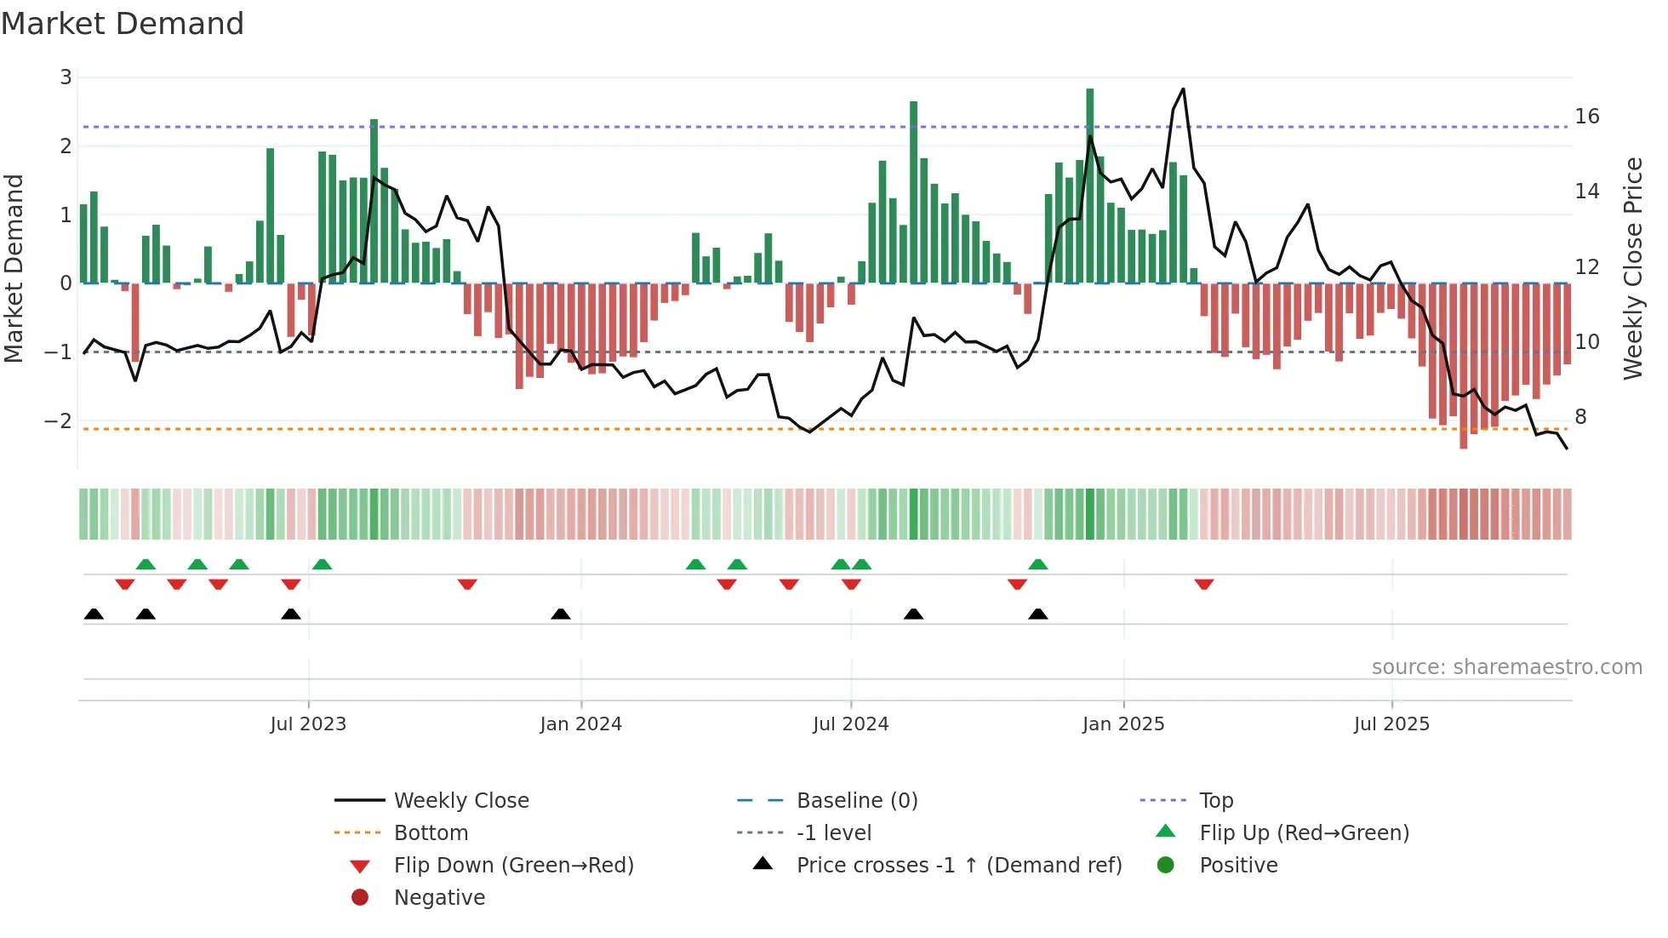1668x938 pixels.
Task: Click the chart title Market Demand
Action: (123, 24)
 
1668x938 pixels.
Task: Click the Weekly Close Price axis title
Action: (1632, 268)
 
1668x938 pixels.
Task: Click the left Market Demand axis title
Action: (14, 268)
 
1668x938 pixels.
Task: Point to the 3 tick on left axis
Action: (66, 77)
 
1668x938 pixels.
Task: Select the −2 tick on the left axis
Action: (59, 420)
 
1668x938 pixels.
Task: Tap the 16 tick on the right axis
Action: (1586, 116)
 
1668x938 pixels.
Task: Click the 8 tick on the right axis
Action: (1580, 416)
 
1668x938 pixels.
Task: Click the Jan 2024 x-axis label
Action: (580, 724)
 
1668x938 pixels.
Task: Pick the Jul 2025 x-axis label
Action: (1391, 724)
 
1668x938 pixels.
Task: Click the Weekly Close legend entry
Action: (460, 800)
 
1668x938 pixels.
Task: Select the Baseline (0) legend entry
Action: (856, 800)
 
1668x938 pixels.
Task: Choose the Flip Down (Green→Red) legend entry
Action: (513, 865)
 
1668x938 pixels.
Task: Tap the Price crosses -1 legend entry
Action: (958, 865)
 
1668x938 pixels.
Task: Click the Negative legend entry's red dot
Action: (360, 897)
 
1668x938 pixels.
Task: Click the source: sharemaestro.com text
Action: (1506, 666)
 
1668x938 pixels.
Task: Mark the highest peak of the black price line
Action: (1183, 89)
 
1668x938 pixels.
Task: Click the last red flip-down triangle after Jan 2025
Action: (1203, 584)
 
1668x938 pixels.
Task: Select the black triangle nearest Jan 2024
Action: (561, 614)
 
